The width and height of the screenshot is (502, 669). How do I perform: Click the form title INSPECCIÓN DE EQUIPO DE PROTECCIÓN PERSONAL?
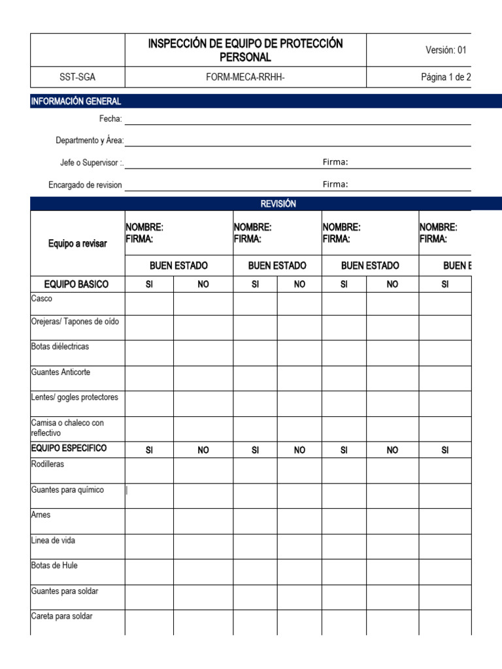click(245, 50)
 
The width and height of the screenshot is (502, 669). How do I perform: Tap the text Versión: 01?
click(446, 50)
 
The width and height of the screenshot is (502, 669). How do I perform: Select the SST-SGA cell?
click(78, 77)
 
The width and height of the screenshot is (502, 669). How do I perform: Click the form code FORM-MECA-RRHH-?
click(245, 77)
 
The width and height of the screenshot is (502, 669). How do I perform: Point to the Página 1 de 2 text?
click(446, 77)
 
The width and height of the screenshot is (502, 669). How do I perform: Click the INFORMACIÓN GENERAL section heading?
click(76, 101)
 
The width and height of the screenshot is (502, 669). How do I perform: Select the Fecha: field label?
click(110, 118)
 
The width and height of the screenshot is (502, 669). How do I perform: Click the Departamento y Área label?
click(90, 140)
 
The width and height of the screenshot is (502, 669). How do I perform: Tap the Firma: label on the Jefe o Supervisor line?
click(335, 162)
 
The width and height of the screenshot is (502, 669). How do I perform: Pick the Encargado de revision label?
click(85, 185)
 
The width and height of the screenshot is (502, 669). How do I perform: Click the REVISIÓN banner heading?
click(278, 204)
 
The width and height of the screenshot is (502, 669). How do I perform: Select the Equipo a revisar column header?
click(77, 244)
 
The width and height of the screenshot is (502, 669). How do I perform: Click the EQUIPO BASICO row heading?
click(76, 284)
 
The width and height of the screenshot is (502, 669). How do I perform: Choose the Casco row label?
click(42, 298)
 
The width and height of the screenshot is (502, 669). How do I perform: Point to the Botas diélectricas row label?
click(60, 346)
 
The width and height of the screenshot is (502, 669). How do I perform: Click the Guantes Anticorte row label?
click(61, 372)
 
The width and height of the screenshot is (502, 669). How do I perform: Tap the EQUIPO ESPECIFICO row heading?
click(69, 448)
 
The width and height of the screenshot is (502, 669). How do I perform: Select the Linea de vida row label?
click(53, 540)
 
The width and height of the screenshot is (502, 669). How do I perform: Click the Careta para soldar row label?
click(61, 615)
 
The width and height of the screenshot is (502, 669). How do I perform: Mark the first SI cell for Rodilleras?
click(149, 470)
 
